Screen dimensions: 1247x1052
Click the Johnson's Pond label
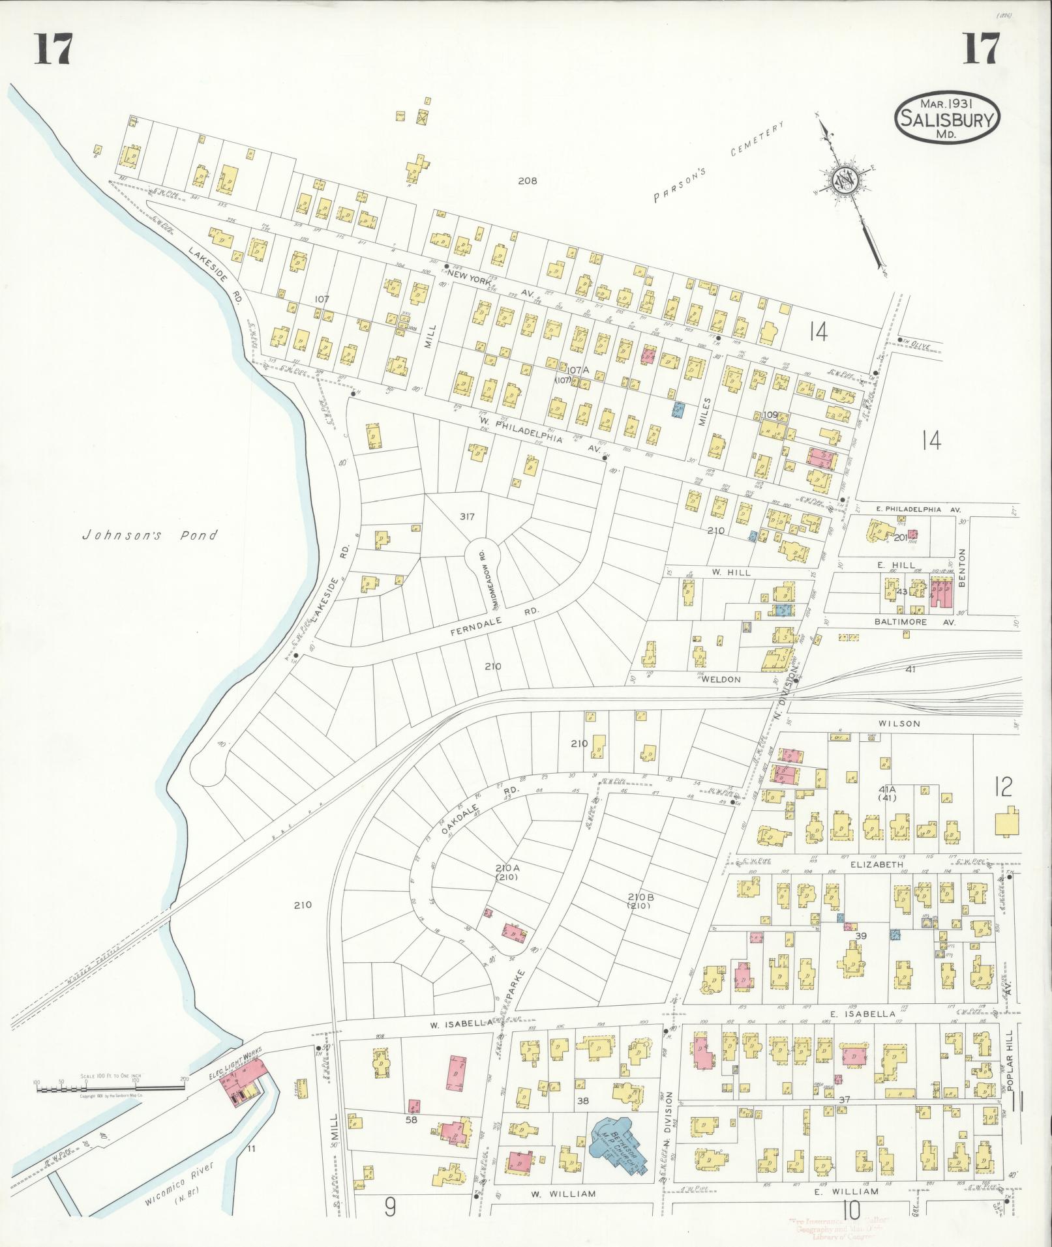click(x=149, y=536)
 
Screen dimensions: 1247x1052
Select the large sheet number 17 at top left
click(x=53, y=49)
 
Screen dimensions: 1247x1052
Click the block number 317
click(x=466, y=517)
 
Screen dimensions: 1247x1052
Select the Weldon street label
click(x=720, y=679)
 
